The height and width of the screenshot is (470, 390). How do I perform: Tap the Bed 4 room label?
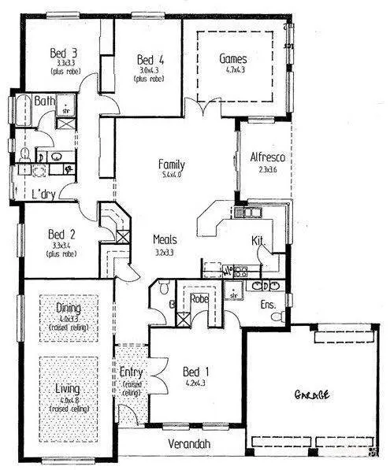(150, 60)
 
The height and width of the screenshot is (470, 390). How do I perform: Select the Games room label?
(233, 59)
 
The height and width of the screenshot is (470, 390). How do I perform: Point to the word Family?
(171, 164)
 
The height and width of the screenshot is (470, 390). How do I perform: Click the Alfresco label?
(266, 157)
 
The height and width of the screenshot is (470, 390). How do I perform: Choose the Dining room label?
(68, 308)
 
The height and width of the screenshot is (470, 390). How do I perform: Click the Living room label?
(68, 389)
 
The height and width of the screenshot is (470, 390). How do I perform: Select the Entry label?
(131, 372)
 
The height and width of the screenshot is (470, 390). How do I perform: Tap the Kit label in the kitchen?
(257, 239)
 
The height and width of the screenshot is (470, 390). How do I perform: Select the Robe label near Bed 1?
(197, 300)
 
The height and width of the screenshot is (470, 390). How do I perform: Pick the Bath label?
(43, 101)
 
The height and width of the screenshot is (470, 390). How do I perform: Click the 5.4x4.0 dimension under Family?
(171, 176)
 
